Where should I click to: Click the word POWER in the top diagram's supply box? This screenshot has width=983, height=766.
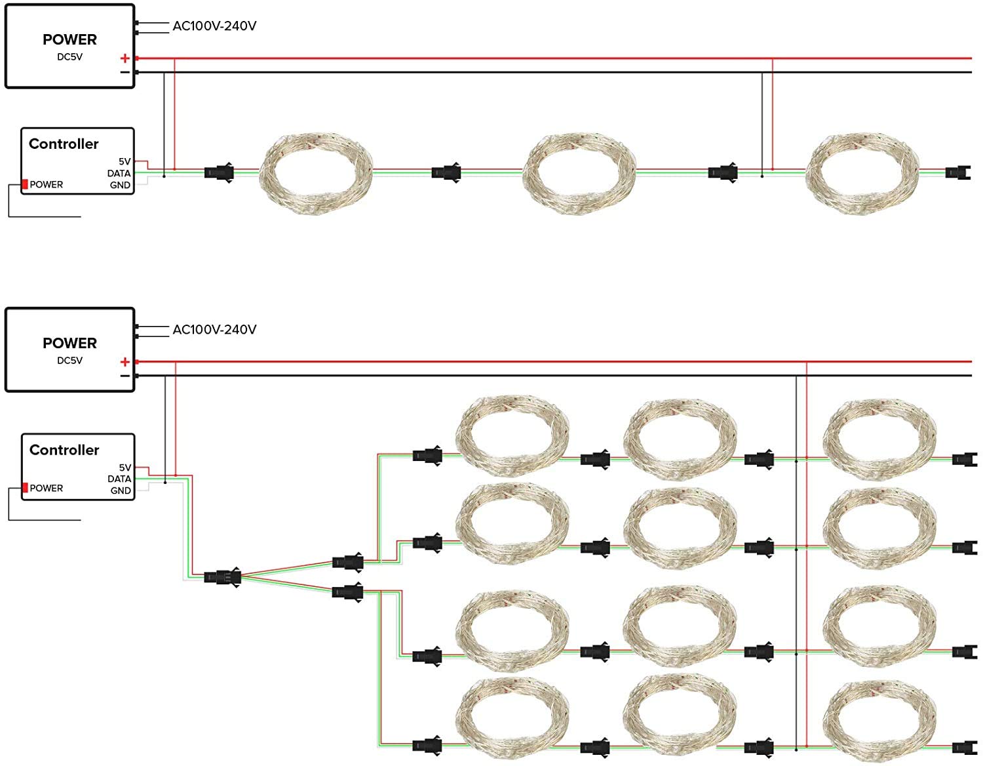tap(69, 40)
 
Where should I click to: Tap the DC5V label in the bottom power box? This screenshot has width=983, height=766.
tap(69, 360)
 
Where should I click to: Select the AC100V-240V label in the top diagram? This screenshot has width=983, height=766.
tap(214, 26)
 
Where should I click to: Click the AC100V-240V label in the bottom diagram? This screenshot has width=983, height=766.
tap(214, 329)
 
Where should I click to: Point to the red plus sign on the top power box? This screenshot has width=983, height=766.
tap(125, 58)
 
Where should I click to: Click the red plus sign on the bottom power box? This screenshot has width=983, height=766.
tap(125, 362)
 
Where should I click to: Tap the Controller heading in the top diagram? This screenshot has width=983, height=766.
tap(64, 144)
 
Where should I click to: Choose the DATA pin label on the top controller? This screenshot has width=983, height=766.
tap(119, 173)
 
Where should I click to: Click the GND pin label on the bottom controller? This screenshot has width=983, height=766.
tap(121, 491)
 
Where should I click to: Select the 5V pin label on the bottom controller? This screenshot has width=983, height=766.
tap(125, 468)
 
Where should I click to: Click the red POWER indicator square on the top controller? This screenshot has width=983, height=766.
tap(25, 184)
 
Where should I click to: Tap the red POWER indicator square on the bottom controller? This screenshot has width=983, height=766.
tap(25, 487)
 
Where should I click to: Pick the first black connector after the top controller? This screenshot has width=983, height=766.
tap(219, 172)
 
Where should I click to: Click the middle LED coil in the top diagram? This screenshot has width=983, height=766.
tap(579, 173)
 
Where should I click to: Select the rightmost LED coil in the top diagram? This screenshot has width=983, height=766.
tap(862, 173)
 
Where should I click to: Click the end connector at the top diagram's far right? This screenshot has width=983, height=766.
tap(957, 172)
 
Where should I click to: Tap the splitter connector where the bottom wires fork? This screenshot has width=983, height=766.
tap(222, 577)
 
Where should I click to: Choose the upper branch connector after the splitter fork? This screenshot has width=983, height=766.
tap(347, 563)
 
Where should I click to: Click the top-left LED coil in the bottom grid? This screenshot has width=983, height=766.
tap(512, 436)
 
